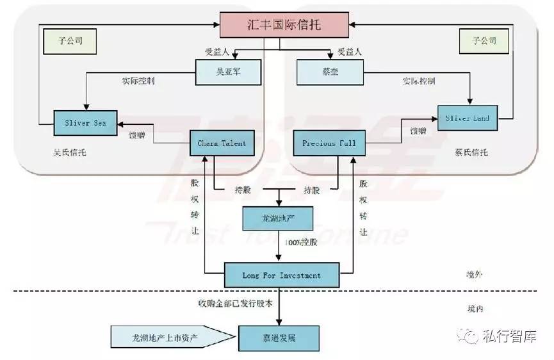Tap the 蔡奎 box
coord(327,72)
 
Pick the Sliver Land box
coord(467,117)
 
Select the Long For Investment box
coord(281,275)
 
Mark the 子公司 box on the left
coord(70,42)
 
